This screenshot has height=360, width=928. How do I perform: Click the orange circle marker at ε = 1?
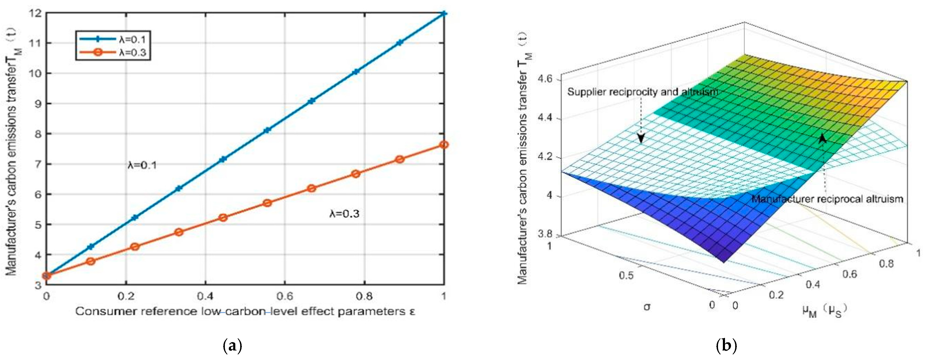click(444, 145)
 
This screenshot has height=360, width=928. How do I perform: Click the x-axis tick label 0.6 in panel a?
click(285, 296)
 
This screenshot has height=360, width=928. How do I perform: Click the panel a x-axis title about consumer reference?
click(245, 311)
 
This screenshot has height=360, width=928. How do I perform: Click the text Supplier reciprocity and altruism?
click(642, 92)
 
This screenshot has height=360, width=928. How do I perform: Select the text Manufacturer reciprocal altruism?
click(827, 199)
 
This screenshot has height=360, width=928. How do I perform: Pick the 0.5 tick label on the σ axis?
click(626, 275)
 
